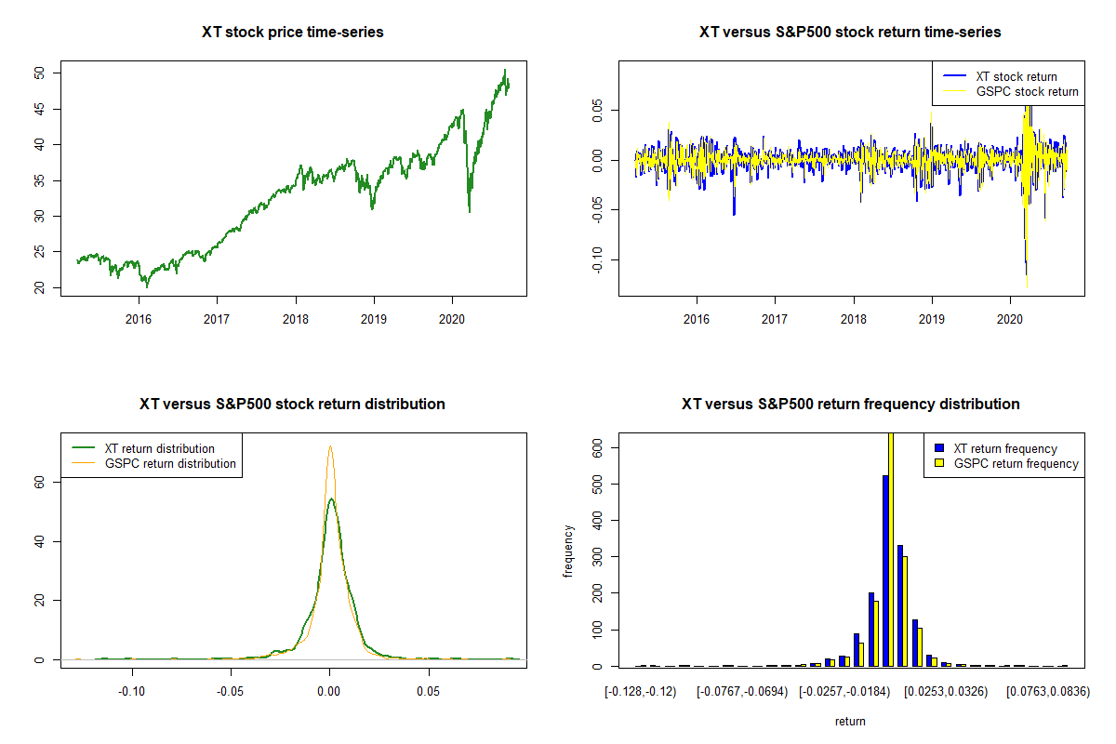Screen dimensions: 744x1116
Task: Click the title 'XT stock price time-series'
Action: click(x=293, y=33)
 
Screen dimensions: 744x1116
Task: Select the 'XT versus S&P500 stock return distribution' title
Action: click(x=292, y=405)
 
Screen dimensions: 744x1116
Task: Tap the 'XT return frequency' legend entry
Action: click(x=1005, y=448)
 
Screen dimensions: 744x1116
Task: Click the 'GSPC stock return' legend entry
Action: click(x=1027, y=91)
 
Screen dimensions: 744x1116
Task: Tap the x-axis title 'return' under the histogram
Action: click(x=850, y=721)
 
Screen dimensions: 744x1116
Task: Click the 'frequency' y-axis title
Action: click(x=568, y=551)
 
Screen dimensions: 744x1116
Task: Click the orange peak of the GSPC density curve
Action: click(x=329, y=446)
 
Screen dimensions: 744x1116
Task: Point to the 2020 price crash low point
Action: click(x=469, y=211)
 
